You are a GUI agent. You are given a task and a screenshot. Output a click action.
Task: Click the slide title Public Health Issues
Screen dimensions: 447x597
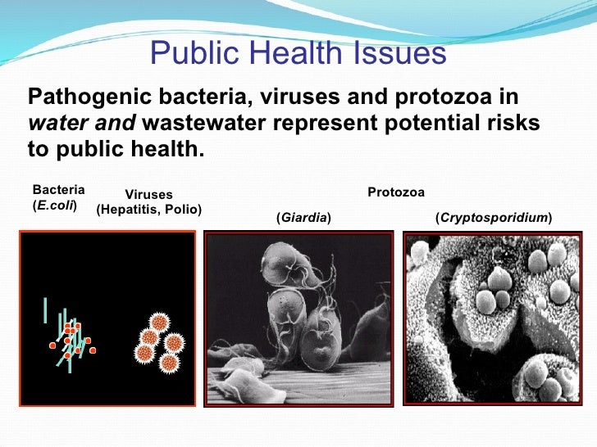pos(298,54)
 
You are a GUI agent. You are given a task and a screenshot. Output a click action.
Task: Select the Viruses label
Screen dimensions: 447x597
pos(148,195)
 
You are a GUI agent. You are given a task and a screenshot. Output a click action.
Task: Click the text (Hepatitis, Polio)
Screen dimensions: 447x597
pos(148,210)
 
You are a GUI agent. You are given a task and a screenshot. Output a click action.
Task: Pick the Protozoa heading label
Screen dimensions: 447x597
pos(395,192)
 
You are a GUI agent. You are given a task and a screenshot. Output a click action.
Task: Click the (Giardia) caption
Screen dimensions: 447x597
pos(303,218)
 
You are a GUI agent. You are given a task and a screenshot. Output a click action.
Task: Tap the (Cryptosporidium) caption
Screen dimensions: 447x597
pos(493,218)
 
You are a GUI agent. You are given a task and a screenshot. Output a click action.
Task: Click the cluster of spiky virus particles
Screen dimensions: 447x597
pos(161,340)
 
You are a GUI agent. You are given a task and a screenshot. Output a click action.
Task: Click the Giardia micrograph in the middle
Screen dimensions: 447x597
pos(298,319)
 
